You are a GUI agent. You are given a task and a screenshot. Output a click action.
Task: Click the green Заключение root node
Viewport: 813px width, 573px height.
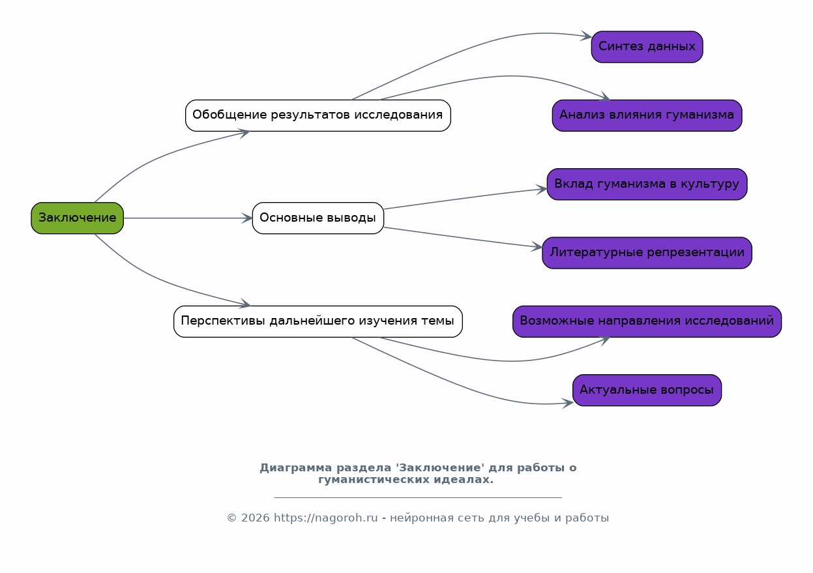[x=78, y=218]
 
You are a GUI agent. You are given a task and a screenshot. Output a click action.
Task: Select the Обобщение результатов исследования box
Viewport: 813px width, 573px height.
[x=318, y=115]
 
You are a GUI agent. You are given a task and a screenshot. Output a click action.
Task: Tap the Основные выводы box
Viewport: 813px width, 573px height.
[x=318, y=218]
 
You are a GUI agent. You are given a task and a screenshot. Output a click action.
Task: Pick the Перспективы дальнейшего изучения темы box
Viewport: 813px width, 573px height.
[x=318, y=321]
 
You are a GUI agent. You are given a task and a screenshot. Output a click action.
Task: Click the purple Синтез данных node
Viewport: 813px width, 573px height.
[x=647, y=47]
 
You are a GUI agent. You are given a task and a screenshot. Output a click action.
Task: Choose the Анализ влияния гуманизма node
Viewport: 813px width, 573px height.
[x=647, y=115]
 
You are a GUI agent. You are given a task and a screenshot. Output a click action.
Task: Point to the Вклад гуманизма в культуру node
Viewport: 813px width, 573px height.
[x=647, y=184]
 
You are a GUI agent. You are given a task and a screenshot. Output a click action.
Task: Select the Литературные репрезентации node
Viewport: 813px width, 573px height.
[x=647, y=253]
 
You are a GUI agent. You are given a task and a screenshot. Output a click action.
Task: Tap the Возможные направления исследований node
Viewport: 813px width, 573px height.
[x=647, y=321]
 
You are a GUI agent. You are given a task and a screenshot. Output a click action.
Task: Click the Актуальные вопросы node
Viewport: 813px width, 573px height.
[x=647, y=390]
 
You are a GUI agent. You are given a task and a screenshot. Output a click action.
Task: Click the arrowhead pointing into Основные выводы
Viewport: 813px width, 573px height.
[x=247, y=218]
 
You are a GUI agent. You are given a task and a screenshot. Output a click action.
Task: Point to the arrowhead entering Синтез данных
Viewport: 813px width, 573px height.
[x=587, y=36]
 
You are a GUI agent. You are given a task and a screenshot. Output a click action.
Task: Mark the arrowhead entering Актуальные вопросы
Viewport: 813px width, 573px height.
[x=568, y=403]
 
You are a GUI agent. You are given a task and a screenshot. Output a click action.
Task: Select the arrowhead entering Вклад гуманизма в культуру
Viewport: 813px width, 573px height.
[x=542, y=189]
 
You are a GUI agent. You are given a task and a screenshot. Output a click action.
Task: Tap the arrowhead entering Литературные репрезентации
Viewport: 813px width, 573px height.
[x=537, y=246]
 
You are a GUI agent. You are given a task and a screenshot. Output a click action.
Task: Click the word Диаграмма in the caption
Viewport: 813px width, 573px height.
[x=296, y=468]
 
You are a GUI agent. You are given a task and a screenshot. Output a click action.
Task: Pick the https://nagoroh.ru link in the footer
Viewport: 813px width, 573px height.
[x=325, y=518]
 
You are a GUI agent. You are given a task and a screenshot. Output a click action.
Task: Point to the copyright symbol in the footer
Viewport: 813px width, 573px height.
[x=232, y=518]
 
